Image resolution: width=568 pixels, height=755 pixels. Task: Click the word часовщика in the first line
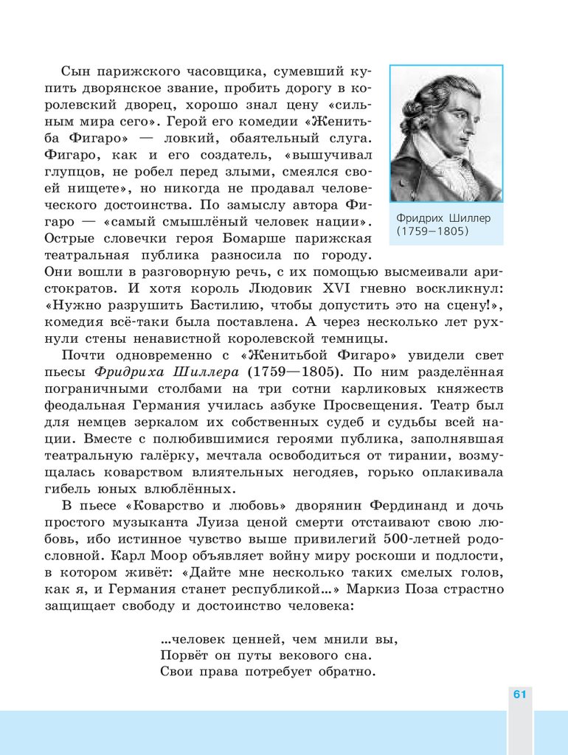coord(226,72)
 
